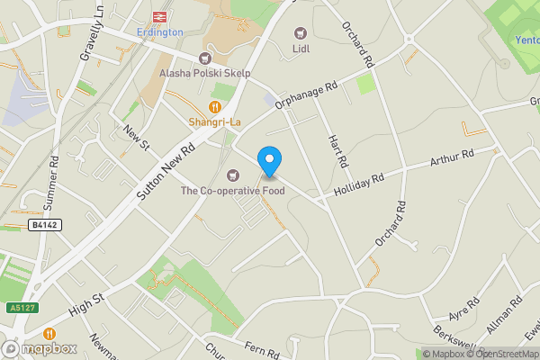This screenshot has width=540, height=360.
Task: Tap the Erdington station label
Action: pyautogui.click(x=159, y=32)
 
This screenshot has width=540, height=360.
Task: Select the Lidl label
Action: pyautogui.click(x=301, y=49)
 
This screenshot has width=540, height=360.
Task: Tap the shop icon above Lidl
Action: pyautogui.click(x=301, y=33)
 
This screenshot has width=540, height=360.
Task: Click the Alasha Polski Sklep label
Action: pyautogui.click(x=204, y=73)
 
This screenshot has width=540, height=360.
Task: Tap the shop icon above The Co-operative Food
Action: pyautogui.click(x=234, y=175)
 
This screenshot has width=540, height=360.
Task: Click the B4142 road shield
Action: pyautogui.click(x=44, y=225)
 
